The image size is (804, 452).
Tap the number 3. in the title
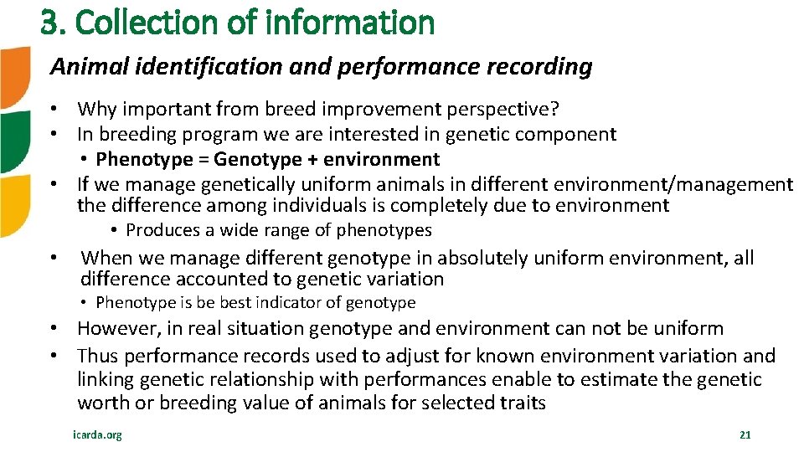tap(53, 23)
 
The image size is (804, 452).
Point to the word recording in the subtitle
tap(547, 67)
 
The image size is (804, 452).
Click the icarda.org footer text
tap(97, 435)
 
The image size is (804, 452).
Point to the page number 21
tap(745, 435)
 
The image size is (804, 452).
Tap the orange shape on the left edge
tap(14, 77)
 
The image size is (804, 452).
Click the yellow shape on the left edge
tap(13, 206)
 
